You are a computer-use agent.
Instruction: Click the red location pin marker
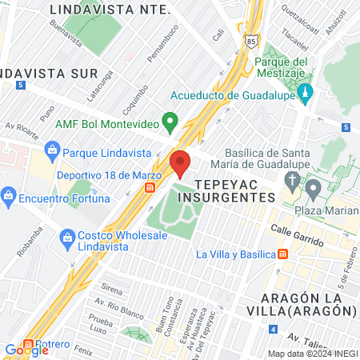click(x=182, y=162)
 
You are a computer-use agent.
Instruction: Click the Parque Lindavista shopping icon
click(x=52, y=150)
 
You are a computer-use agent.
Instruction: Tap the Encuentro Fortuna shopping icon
click(x=9, y=194)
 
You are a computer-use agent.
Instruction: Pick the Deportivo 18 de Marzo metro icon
click(x=150, y=186)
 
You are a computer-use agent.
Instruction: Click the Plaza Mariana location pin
click(x=313, y=190)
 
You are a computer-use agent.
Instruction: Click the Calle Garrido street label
click(x=295, y=235)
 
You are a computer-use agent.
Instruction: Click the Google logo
click(x=26, y=350)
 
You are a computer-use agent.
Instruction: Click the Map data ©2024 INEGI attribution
click(x=312, y=354)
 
